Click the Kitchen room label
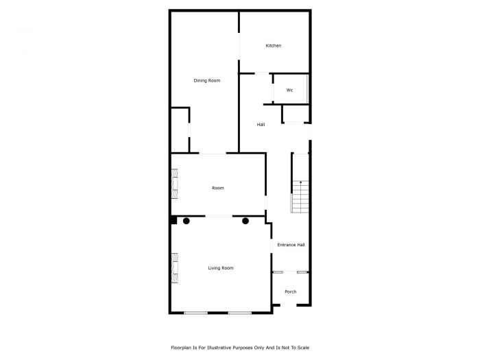click(x=274, y=46)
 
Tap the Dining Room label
click(x=206, y=81)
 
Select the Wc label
click(x=289, y=90)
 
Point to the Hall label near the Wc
click(x=261, y=124)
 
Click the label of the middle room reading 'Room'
click(x=218, y=188)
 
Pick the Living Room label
click(x=221, y=268)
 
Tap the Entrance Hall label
click(x=291, y=245)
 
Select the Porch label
click(x=291, y=292)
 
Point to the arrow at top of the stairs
click(x=301, y=182)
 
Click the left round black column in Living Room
click(x=186, y=221)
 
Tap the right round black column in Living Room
click(x=245, y=221)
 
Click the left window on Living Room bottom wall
click(x=195, y=313)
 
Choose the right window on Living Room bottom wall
click(x=240, y=313)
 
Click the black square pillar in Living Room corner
click(x=174, y=220)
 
